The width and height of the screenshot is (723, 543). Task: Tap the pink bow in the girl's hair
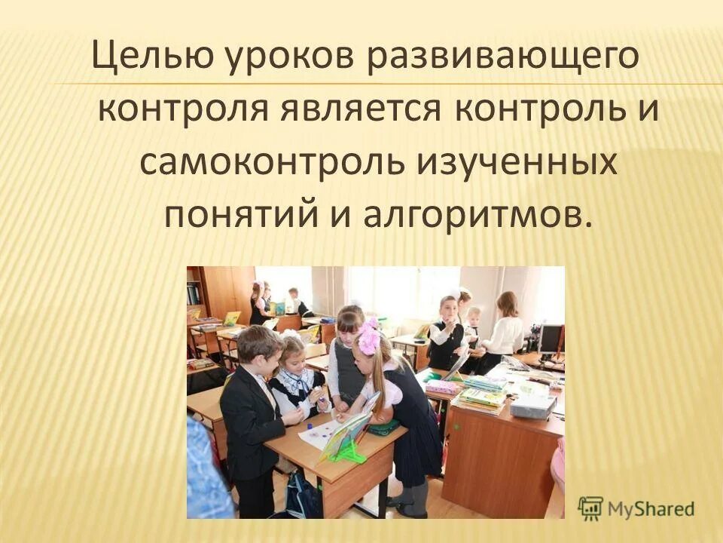point(369,339)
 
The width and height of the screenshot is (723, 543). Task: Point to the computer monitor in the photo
point(550,339)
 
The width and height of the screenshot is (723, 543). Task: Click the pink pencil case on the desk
point(443,387)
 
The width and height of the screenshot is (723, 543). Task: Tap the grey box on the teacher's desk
point(532,406)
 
